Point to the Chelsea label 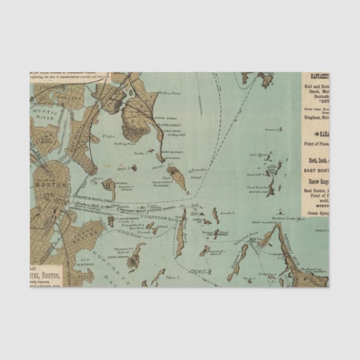click(52, 94)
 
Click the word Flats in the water click(108, 136)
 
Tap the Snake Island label click(140, 151)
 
